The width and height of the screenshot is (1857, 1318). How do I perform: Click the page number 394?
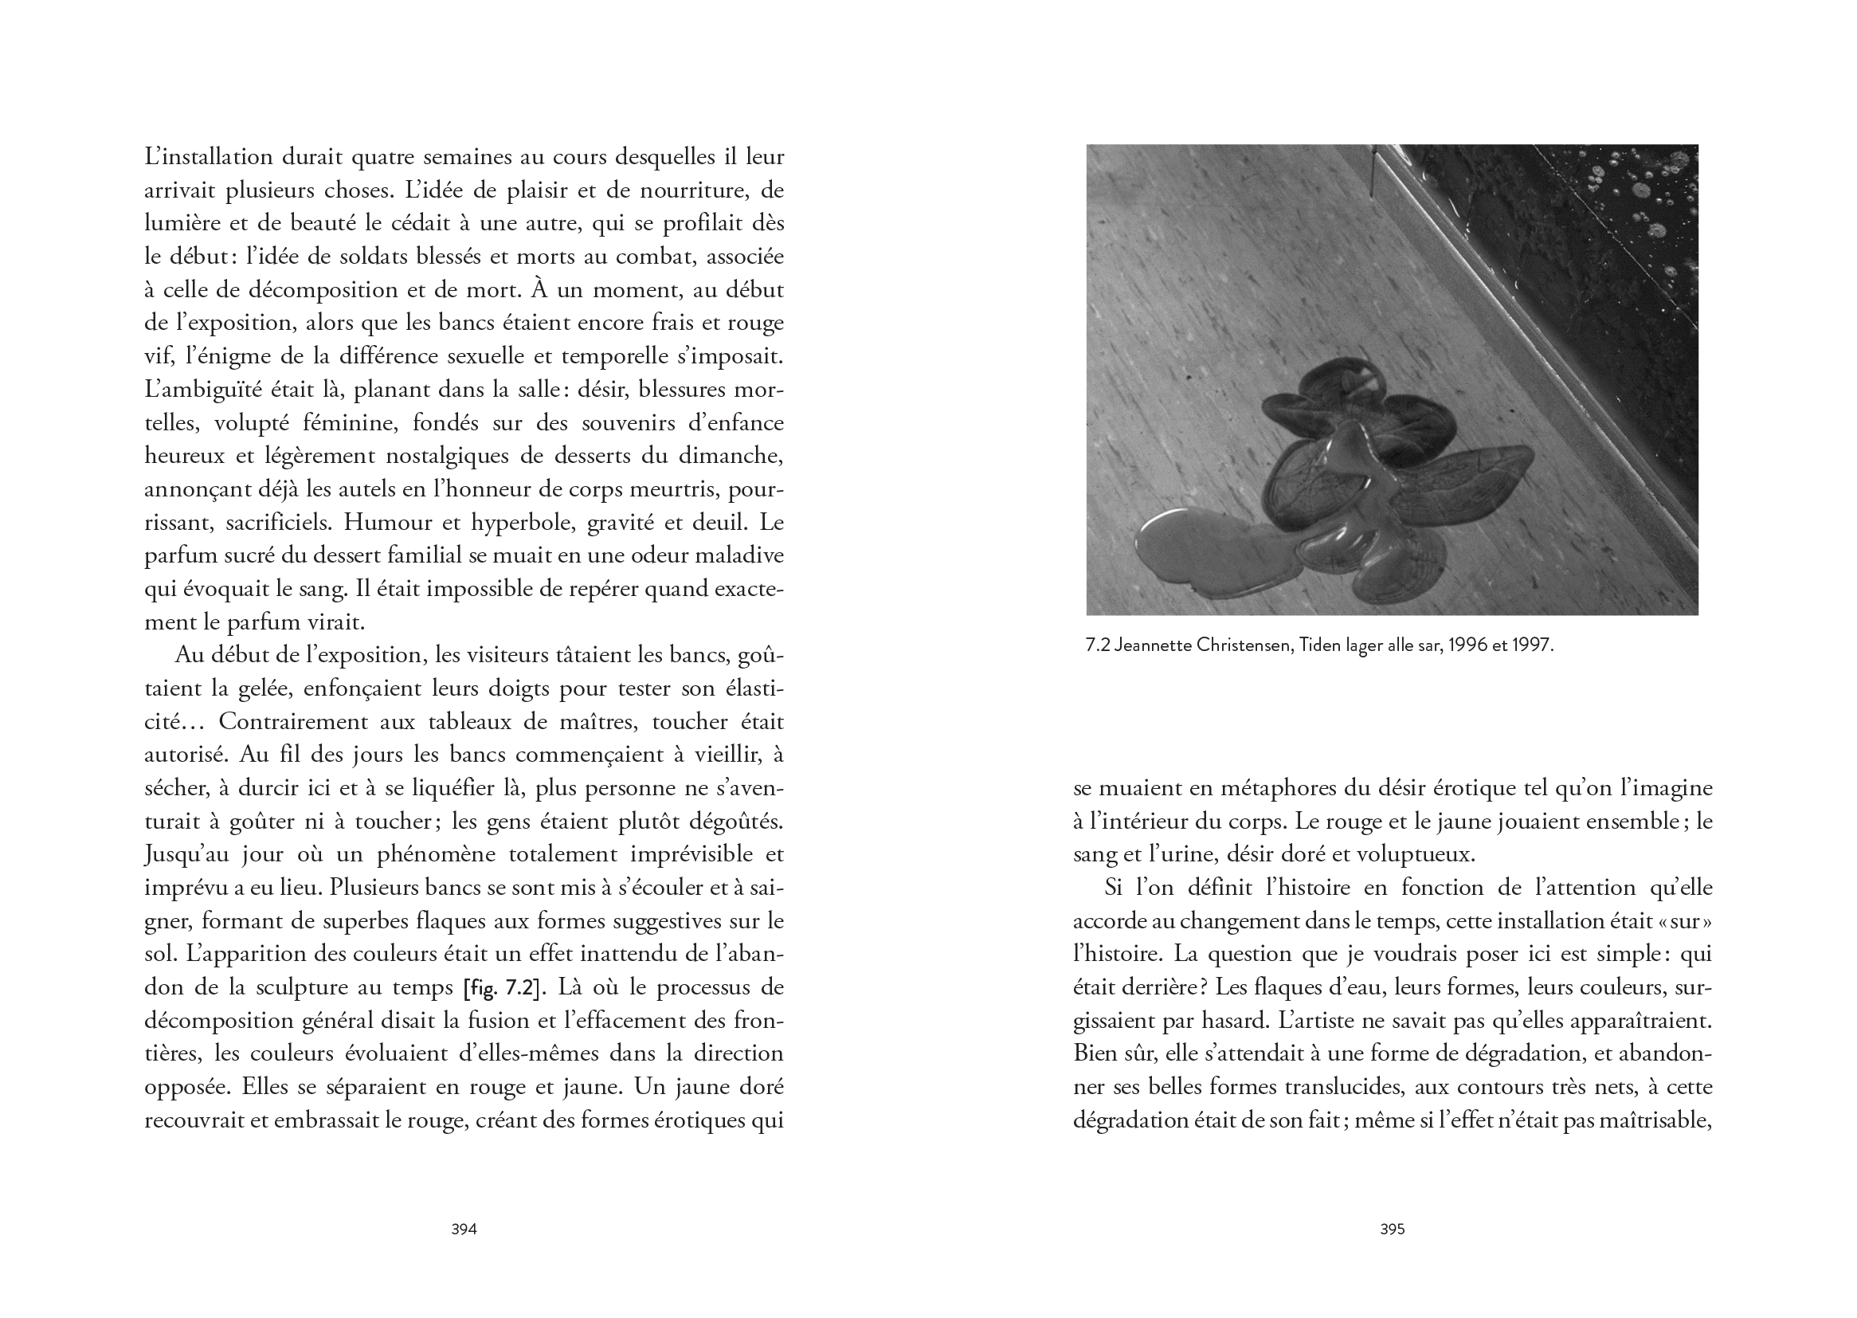[x=463, y=1229]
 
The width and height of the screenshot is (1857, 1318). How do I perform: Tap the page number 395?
[x=1392, y=1229]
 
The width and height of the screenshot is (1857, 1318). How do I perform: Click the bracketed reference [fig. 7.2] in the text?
[x=500, y=988]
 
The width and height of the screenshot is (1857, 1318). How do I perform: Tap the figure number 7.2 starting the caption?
[x=1098, y=645]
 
